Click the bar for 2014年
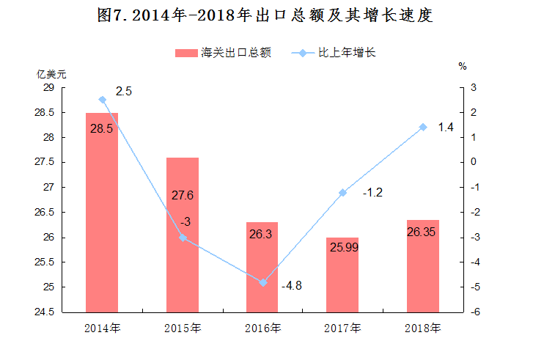(x=102, y=213)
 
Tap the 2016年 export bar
(x=262, y=268)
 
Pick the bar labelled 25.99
(x=342, y=275)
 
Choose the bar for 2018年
(x=423, y=266)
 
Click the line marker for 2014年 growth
(x=102, y=100)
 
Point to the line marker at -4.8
(x=262, y=282)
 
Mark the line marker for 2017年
(x=342, y=193)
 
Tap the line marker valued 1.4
(x=423, y=127)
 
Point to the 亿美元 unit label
(x=52, y=74)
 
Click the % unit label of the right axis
(x=463, y=66)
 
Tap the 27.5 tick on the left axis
(x=45, y=163)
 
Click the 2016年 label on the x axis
(x=262, y=328)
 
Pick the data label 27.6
(x=182, y=195)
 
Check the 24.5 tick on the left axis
(x=45, y=312)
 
